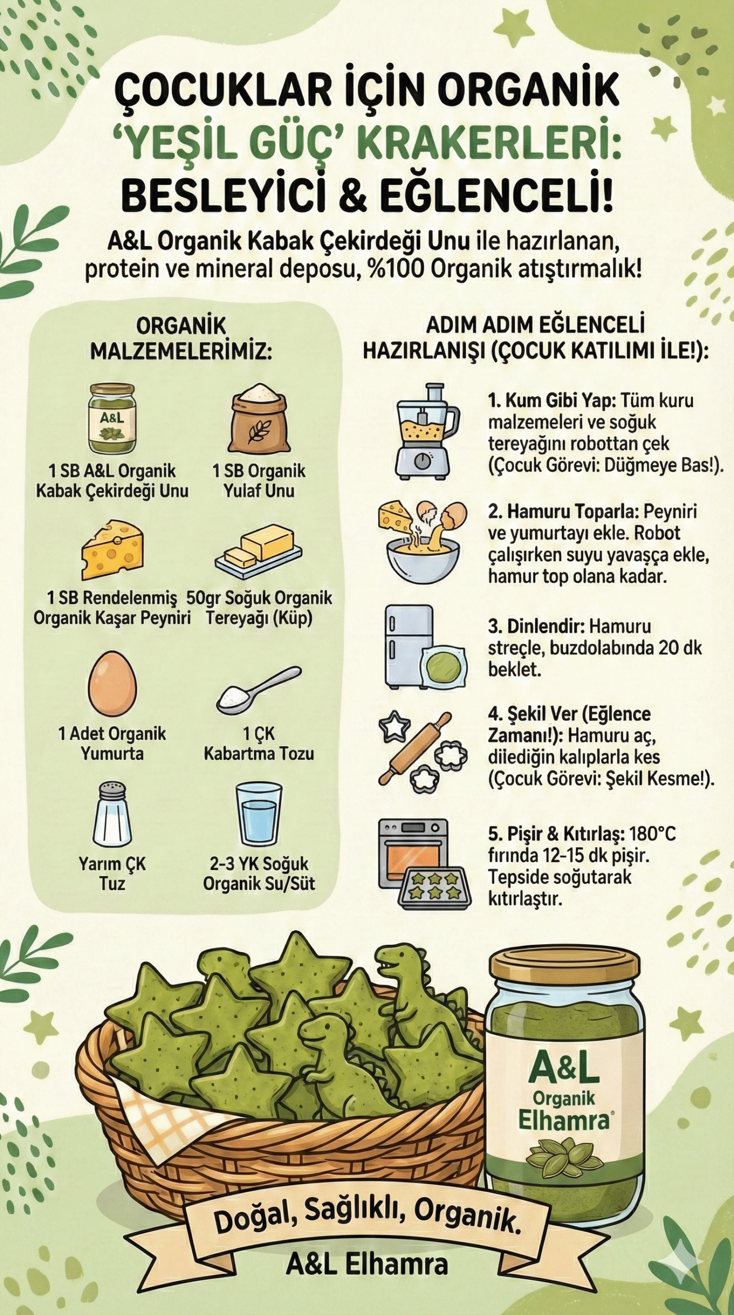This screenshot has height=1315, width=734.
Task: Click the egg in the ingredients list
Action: pyautogui.click(x=112, y=684)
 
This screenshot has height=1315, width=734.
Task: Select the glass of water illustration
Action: pyautogui.click(x=259, y=815)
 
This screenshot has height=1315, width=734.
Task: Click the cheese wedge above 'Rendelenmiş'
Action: pyautogui.click(x=112, y=550)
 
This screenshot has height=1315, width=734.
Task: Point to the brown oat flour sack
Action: pyautogui.click(x=259, y=418)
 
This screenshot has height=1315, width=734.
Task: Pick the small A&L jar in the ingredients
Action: pyautogui.click(x=112, y=419)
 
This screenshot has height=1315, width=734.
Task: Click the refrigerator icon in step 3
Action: pyautogui.click(x=409, y=646)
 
